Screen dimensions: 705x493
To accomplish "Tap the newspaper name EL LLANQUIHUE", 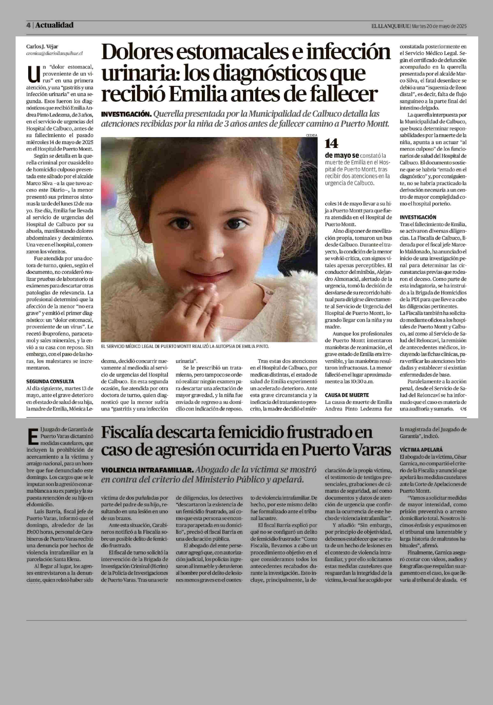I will pyautogui.click(x=390, y=26).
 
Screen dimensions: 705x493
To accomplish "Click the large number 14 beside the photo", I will pyautogui.click(x=332, y=143).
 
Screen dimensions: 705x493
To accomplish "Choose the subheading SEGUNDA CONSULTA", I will pyautogui.click(x=50, y=381).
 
